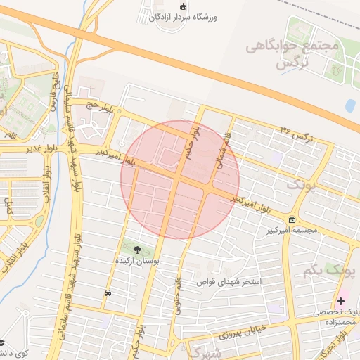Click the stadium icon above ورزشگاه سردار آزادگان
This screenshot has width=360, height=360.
(184, 6)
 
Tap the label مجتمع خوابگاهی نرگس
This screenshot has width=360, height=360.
(292, 54)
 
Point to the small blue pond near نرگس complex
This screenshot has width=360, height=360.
(350, 105)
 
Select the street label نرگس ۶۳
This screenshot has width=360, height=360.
(295, 133)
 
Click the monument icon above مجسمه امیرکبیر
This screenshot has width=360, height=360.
(292, 219)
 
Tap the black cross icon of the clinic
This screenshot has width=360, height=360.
(341, 301)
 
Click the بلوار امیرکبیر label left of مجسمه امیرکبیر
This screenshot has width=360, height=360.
(252, 204)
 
